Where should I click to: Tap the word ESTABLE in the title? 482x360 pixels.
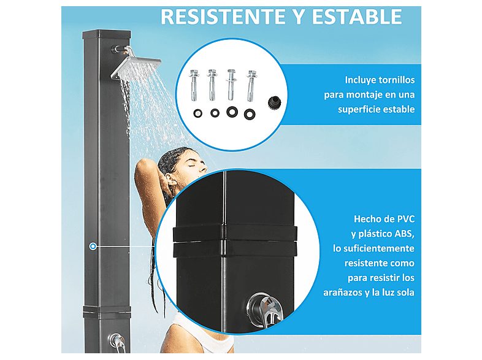(357, 17)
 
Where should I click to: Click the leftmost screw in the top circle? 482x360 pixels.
(193, 85)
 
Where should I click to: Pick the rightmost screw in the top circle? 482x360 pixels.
(251, 86)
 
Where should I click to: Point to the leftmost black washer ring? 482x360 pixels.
(198, 113)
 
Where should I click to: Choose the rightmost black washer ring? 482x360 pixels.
(250, 114)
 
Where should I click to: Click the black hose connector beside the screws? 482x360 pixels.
(273, 102)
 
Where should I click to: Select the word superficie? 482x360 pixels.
(357, 109)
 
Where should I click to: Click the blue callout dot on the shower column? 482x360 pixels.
(93, 247)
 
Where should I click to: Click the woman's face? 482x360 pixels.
(194, 164)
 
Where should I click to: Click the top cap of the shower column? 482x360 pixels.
(106, 34)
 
